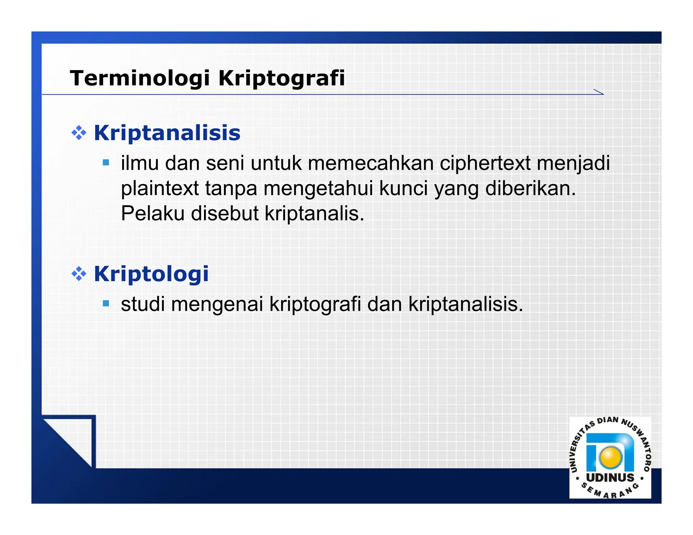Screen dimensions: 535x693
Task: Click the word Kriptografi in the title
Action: pos(282,78)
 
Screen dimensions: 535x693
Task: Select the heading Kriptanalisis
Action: pos(167,133)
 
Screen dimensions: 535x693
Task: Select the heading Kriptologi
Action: pos(151,274)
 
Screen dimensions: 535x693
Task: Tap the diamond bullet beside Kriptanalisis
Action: pos(79,133)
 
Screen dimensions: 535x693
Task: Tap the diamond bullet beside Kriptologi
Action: pos(79,274)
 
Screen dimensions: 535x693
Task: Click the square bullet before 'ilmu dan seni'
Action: pos(106,163)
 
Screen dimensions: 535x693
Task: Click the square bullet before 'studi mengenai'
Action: pos(106,303)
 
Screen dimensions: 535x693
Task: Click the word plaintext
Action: pos(160,188)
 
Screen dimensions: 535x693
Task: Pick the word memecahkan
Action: pos(371,163)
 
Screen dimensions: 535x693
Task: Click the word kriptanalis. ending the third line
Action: pos(314,213)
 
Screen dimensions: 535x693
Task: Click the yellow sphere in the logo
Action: pos(610,457)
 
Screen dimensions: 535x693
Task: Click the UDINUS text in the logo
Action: pos(610,478)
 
